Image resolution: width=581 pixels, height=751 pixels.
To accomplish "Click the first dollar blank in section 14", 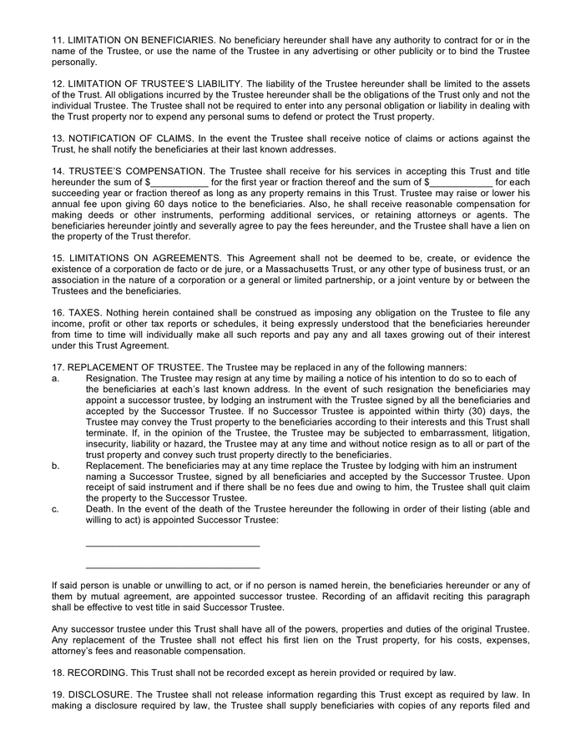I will point(179,182).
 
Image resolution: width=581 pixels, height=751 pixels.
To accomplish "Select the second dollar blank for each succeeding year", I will point(461,182).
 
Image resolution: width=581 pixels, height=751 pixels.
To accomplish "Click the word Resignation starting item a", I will point(112,378).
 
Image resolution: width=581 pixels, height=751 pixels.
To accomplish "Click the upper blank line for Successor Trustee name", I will point(173,546).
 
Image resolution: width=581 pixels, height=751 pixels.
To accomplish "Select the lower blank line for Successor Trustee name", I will point(173,567).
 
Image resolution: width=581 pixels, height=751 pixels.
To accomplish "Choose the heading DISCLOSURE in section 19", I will point(99,694).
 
